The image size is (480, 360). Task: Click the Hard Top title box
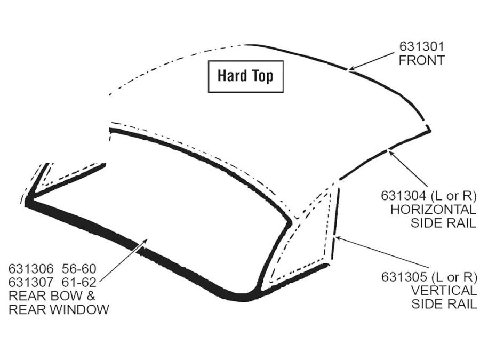tap(245, 76)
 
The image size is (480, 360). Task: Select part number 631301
tap(421, 46)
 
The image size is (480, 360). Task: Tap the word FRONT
tap(421, 60)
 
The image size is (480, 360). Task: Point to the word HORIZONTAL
tap(434, 210)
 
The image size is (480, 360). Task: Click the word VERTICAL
tap(444, 290)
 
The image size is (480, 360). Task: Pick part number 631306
tap(31, 269)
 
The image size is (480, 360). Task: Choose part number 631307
tap(31, 282)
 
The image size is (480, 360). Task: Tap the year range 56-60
tap(79, 269)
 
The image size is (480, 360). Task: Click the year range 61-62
tap(79, 282)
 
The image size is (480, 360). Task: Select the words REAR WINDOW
tap(59, 309)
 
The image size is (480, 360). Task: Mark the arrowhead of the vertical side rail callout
tap(338, 237)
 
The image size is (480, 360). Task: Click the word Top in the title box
tap(262, 76)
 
